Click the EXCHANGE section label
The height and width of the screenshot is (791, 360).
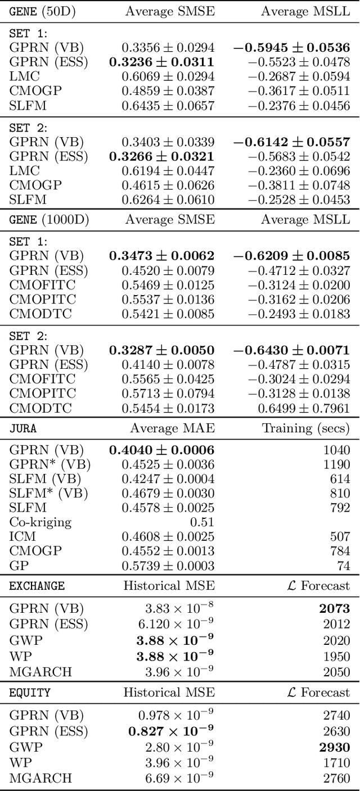pyautogui.click(x=37, y=586)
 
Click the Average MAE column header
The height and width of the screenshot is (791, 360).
pyautogui.click(x=172, y=428)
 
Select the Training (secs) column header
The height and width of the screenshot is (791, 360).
pyautogui.click(x=306, y=428)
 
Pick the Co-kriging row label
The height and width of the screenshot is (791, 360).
pyautogui.click(x=40, y=522)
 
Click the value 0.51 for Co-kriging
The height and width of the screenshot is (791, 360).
pyautogui.click(x=202, y=522)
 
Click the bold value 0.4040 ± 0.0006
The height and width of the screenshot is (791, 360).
pyautogui.click(x=161, y=450)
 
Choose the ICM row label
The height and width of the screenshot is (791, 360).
pyautogui.click(x=22, y=536)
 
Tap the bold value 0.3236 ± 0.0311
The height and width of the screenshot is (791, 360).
pyautogui.click(x=161, y=62)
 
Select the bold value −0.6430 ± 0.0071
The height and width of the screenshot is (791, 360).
pyautogui.click(x=291, y=350)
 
